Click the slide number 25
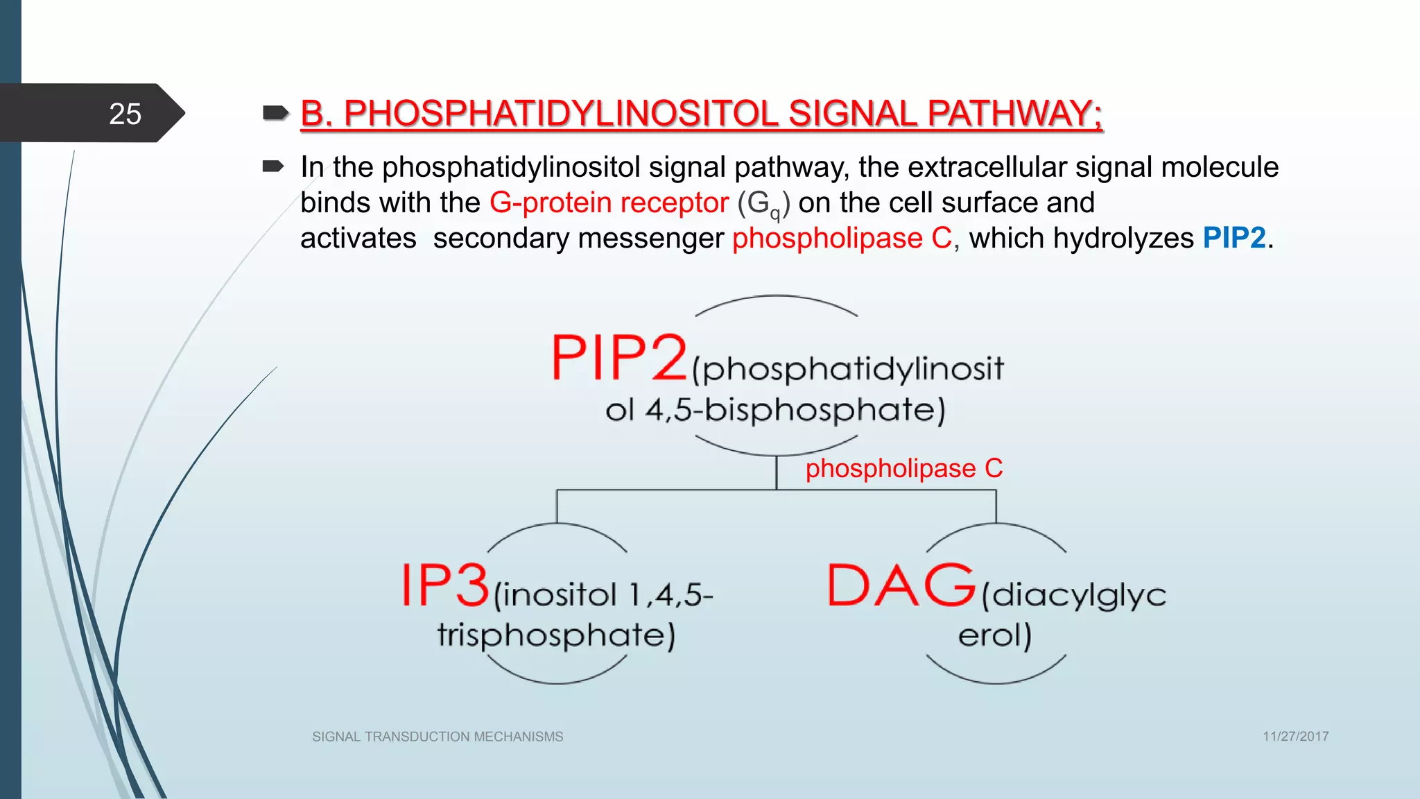tap(125, 114)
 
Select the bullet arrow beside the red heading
tap(275, 112)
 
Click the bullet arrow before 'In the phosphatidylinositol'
tap(273, 166)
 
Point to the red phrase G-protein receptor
tap(609, 203)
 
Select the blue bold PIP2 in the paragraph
tap(1234, 238)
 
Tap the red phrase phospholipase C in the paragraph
tap(842, 238)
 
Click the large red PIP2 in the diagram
tap(619, 358)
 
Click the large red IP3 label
tap(446, 586)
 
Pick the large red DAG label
tap(901, 586)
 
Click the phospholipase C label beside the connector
tap(903, 469)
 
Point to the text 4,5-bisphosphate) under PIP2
tap(795, 410)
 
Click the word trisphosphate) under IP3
tap(555, 635)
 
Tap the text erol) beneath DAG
tap(994, 635)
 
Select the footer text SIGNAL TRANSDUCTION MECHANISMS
tap(438, 737)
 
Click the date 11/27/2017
tap(1295, 737)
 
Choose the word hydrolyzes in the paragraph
tap(1123, 238)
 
